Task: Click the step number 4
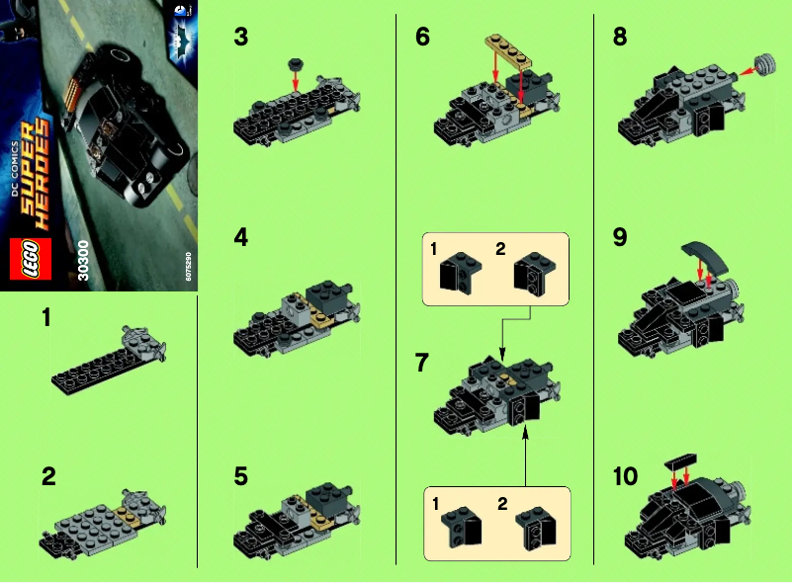click(240, 237)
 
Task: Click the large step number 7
click(423, 363)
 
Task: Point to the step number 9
click(620, 237)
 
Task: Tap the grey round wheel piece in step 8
click(762, 66)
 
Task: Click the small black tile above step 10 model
click(682, 461)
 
